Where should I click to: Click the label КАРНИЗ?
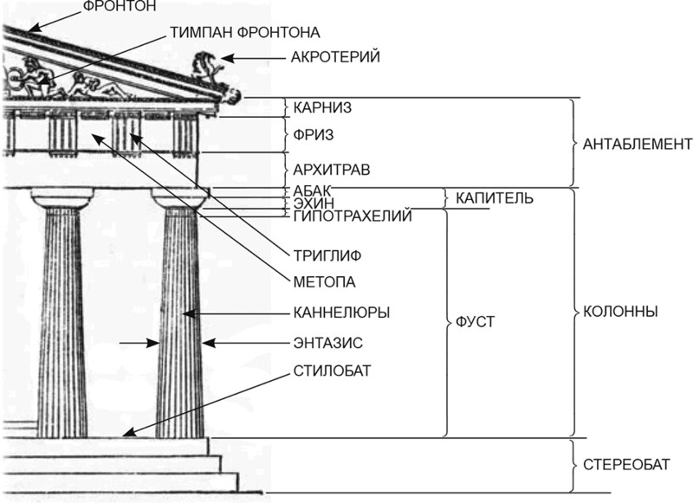point(321,107)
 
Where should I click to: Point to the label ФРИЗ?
point(314,135)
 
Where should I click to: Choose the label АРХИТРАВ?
point(332,170)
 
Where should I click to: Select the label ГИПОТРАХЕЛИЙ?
point(352,216)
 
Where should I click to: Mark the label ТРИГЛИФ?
point(327,255)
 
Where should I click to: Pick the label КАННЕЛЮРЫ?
point(341,312)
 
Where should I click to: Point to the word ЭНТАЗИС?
point(330,344)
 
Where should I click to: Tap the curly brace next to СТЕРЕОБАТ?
point(575,465)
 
